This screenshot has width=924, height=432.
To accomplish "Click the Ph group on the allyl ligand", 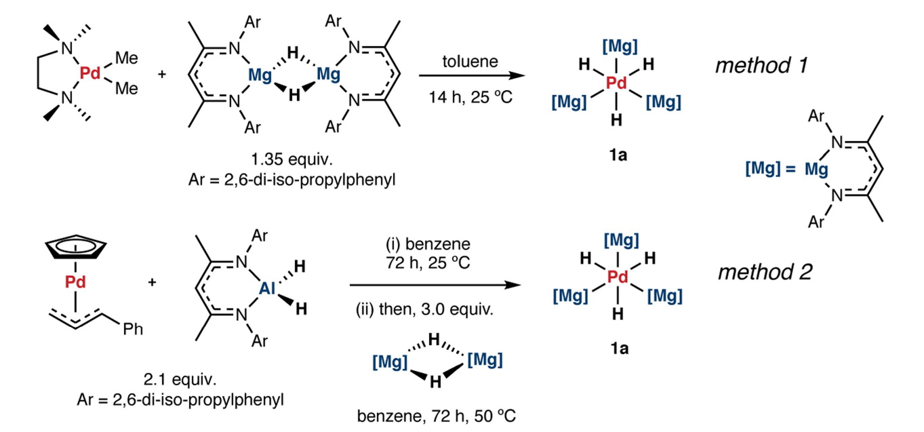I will pos(134,330).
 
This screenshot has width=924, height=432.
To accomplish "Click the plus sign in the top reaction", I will pos(161,73).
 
